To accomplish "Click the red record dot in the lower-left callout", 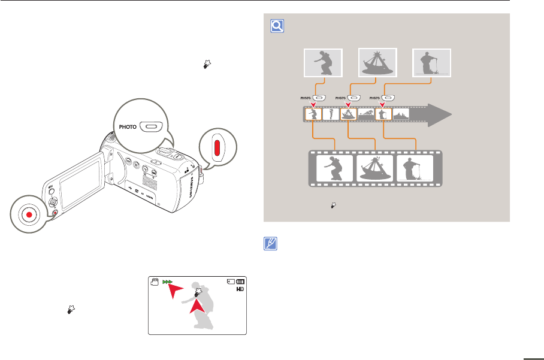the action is pyautogui.click(x=26, y=214).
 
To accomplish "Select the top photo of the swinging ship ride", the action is pyautogui.click(x=377, y=63).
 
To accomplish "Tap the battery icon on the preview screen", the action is pyautogui.click(x=241, y=281).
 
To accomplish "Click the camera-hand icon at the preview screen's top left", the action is pyautogui.click(x=154, y=282).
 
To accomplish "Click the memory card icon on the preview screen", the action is pyautogui.click(x=230, y=281).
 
